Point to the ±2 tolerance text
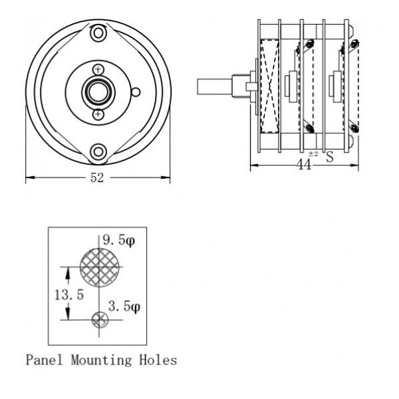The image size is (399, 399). click(313, 154)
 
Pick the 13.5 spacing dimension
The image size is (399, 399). click(70, 295)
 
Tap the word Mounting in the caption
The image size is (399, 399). click(101, 361)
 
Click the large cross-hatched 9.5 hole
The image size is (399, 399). click(98, 265)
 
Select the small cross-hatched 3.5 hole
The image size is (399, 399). click(100, 320)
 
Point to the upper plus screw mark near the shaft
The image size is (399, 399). click(98, 69)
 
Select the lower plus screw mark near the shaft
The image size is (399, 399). click(98, 114)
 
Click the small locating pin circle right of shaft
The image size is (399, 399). click(136, 91)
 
